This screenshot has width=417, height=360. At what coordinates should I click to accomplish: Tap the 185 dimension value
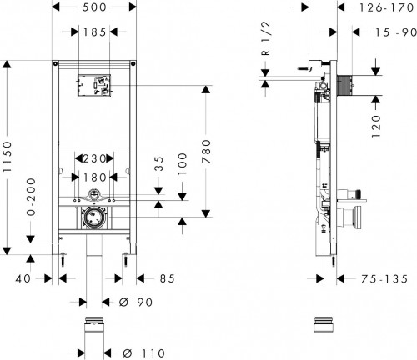(93, 32)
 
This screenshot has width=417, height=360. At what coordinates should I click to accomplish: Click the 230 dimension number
(93, 158)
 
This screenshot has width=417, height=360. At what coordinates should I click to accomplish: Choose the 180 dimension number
(93, 177)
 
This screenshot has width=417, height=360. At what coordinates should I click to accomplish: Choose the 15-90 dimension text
(388, 32)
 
